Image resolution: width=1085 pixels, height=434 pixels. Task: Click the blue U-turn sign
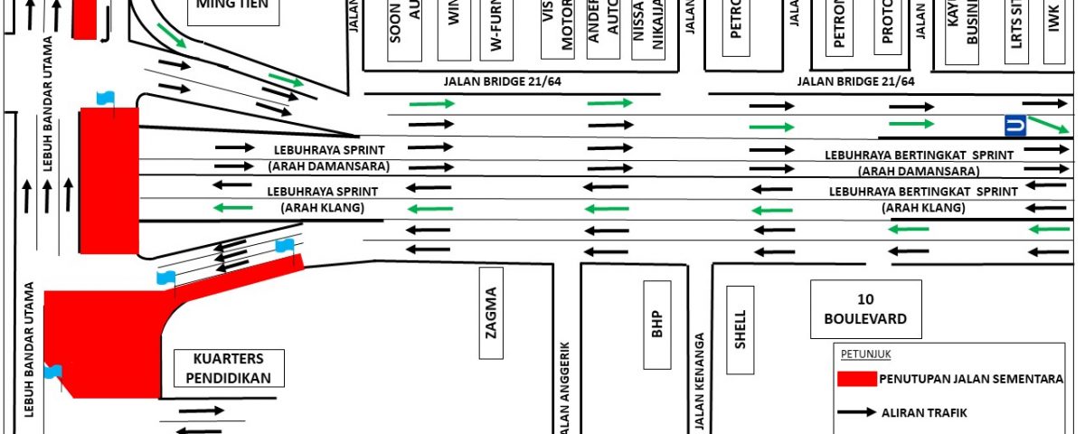(x=1014, y=126)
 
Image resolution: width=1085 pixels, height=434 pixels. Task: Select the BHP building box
(x=657, y=325)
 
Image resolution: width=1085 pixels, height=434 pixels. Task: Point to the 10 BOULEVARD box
(x=865, y=309)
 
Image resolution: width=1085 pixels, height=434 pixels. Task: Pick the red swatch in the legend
(x=857, y=379)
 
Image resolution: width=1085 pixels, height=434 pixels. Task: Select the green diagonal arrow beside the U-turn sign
(x=1049, y=125)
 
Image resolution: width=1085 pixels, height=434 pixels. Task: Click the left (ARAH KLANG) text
(x=322, y=209)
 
